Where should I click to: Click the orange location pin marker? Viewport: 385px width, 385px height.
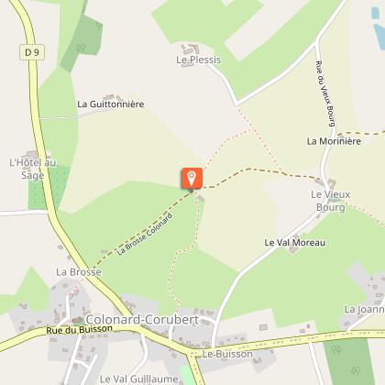192,178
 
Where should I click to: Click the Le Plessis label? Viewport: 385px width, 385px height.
193,60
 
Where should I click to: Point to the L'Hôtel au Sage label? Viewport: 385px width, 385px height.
33,170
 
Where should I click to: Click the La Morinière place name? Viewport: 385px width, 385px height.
334,141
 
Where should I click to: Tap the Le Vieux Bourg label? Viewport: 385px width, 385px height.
328,201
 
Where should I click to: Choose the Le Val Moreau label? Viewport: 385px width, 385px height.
294,243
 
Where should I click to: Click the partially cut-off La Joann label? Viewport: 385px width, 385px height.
364,310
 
